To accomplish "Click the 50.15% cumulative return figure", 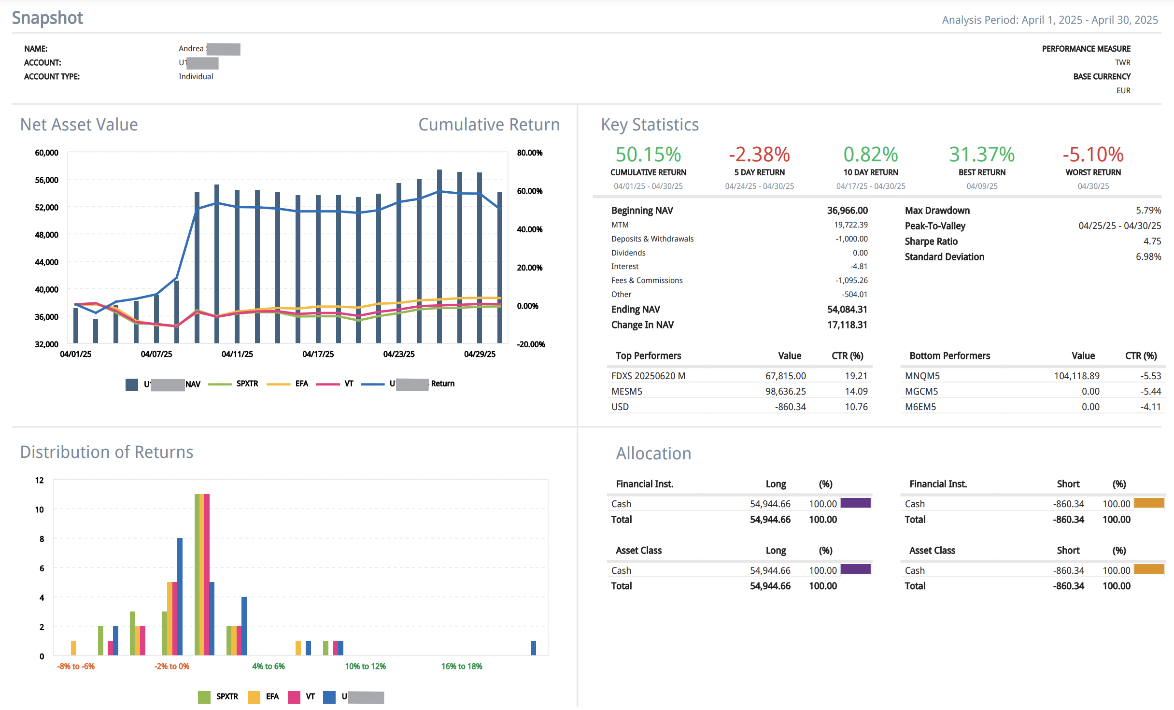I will pyautogui.click(x=648, y=155).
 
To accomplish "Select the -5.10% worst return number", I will pyautogui.click(x=1093, y=155).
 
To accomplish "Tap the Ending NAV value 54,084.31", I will pyautogui.click(x=847, y=309).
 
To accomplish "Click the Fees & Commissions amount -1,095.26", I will pyautogui.click(x=851, y=280).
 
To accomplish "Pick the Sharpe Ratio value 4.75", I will pyautogui.click(x=1152, y=241).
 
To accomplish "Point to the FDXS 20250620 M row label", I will pyautogui.click(x=648, y=376).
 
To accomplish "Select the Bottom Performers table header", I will pyautogui.click(x=949, y=355).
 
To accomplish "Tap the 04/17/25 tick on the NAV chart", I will pyautogui.click(x=318, y=354).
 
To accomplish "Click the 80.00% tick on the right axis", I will pyautogui.click(x=529, y=153).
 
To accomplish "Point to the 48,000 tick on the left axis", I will pyautogui.click(x=46, y=235).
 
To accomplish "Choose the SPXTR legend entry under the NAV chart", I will pyautogui.click(x=247, y=383).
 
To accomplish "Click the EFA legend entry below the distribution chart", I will pyautogui.click(x=272, y=696).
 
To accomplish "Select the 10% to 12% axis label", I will pyautogui.click(x=365, y=666).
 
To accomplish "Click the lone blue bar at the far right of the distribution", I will pyautogui.click(x=533, y=648).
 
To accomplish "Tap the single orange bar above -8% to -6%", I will pyautogui.click(x=73, y=648).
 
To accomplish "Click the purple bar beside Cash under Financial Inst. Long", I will pyautogui.click(x=855, y=503).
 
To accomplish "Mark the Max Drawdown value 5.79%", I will pyautogui.click(x=1148, y=210).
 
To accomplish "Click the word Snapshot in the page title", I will pyautogui.click(x=47, y=18).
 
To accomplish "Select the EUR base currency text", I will pyautogui.click(x=1123, y=90).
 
